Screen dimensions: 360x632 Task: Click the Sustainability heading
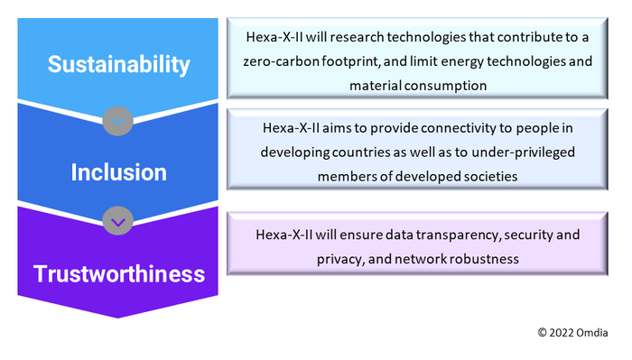point(118,65)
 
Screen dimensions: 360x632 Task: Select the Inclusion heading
point(118,171)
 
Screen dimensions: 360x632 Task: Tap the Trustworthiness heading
point(118,272)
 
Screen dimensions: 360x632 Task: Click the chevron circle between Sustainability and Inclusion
point(119,120)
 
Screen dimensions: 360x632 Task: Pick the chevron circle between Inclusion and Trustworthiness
point(119,219)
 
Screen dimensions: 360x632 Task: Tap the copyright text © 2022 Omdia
point(574,332)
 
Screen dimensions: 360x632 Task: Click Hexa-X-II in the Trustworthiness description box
point(286,234)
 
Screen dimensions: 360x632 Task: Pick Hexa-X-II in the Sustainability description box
point(274,37)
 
